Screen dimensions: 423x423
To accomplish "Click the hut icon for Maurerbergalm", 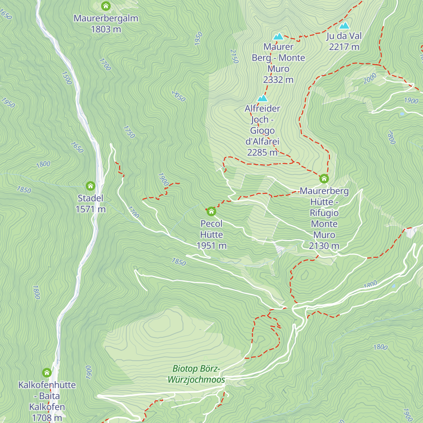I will (x=106, y=6).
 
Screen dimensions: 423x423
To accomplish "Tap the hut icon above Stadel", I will (x=91, y=186).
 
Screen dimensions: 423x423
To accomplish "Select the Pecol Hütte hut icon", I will (x=211, y=211).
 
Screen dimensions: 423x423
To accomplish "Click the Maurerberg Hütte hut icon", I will (x=324, y=179).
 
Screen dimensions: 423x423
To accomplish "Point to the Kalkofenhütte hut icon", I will (x=47, y=373).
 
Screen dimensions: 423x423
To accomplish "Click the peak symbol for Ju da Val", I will (x=344, y=26).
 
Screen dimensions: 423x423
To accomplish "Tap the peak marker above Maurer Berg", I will (x=278, y=36).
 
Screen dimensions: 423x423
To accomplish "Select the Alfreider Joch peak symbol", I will (x=263, y=98).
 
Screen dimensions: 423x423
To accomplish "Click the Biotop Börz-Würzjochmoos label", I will (x=196, y=374).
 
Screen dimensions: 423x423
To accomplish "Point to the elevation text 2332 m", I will (x=278, y=80).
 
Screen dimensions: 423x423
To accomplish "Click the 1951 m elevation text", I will (x=211, y=246).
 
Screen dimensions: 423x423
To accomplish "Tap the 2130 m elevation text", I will (x=324, y=246).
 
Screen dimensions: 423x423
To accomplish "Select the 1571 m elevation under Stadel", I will (x=91, y=209).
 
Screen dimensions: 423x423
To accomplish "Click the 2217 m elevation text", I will (x=344, y=47).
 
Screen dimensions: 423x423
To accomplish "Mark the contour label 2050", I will (x=178, y=96).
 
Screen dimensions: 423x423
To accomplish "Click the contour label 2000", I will (x=370, y=79).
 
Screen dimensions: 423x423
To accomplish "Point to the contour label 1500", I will (x=67, y=78).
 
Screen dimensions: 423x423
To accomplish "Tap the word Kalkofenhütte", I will (x=47, y=385).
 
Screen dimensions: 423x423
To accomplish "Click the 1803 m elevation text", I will (x=106, y=29).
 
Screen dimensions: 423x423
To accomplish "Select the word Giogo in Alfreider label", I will (x=262, y=131).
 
